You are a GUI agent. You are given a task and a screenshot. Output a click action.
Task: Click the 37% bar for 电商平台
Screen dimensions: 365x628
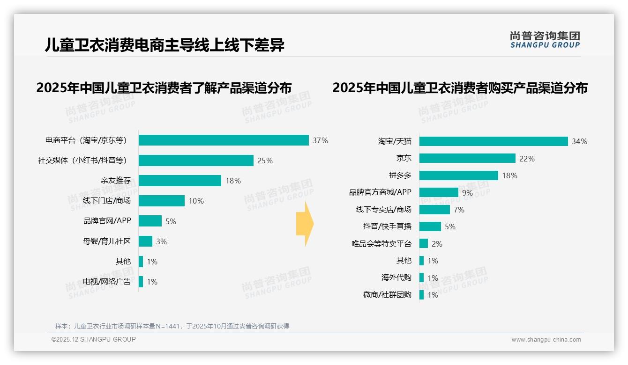pyautogui.click(x=224, y=140)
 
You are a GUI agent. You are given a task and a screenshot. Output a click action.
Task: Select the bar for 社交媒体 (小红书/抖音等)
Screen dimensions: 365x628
pyautogui.click(x=196, y=161)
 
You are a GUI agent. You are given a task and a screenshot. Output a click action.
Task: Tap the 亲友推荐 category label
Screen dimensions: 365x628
pyautogui.click(x=115, y=181)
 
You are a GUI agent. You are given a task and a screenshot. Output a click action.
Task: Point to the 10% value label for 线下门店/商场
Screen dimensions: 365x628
pyautogui.click(x=196, y=201)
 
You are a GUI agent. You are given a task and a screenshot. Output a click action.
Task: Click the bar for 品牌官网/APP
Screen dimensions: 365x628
pyautogui.click(x=150, y=221)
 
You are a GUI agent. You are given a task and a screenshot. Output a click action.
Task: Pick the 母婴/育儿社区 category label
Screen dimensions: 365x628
pyautogui.click(x=106, y=241)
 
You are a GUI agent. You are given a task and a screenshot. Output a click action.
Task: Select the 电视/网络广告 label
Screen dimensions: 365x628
pyautogui.click(x=106, y=282)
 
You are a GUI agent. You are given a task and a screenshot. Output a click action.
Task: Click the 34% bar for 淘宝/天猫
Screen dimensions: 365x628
pyautogui.click(x=493, y=141)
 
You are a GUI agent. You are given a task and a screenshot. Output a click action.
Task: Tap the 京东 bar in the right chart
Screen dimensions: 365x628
pyautogui.click(x=467, y=158)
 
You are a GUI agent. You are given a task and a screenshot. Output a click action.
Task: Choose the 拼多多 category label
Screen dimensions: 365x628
pyautogui.click(x=400, y=175)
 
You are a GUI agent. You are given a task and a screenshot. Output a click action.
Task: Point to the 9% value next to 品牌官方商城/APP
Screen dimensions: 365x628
pyautogui.click(x=467, y=193)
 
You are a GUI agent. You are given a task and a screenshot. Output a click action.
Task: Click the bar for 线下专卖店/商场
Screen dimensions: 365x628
pyautogui.click(x=434, y=210)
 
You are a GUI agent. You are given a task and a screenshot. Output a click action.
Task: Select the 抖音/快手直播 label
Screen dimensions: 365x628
pyautogui.click(x=387, y=226)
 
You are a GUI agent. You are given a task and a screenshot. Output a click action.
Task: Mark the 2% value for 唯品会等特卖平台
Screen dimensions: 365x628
pyautogui.click(x=437, y=244)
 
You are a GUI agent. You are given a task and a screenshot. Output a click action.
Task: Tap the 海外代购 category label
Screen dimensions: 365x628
pyautogui.click(x=396, y=277)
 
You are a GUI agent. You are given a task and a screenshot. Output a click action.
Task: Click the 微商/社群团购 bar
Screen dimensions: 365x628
pyautogui.click(x=422, y=295)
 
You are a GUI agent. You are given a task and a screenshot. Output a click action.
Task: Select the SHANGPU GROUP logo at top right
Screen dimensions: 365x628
pyautogui.click(x=545, y=40)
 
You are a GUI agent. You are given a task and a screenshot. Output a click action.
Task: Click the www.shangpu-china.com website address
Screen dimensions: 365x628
pyautogui.click(x=546, y=340)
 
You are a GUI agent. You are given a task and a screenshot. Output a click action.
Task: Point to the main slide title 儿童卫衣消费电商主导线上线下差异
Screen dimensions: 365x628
pyautogui.click(x=164, y=45)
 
